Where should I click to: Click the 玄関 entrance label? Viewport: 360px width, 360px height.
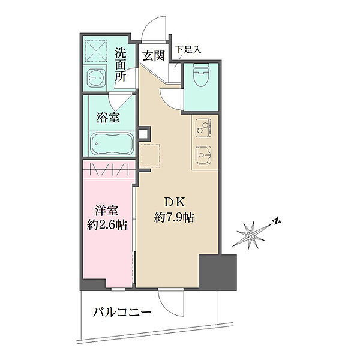coord(154,56)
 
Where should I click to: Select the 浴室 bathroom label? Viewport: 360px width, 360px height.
coord(108,118)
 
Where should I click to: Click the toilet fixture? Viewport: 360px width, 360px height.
coord(202,74)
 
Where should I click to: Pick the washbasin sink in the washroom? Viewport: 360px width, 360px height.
coord(96,77)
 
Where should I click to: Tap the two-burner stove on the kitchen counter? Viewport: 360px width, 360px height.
coord(203,128)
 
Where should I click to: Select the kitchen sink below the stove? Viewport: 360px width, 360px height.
coord(203,155)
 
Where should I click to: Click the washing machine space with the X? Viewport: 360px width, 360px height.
coord(96,51)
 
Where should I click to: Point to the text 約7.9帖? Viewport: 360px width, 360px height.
coord(174,217)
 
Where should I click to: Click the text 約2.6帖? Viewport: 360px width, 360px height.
coord(107,224)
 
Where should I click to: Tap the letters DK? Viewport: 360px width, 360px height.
coord(175,202)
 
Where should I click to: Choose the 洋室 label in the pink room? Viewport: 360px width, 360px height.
coord(107,211)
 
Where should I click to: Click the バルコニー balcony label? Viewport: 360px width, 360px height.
coord(122,313)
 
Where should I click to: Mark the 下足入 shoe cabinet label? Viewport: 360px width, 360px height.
coord(188,50)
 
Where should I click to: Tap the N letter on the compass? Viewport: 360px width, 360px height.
coord(277,221)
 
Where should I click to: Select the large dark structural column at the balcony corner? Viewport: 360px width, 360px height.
coord(217,272)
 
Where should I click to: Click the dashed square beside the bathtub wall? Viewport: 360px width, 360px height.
coord(149,155)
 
